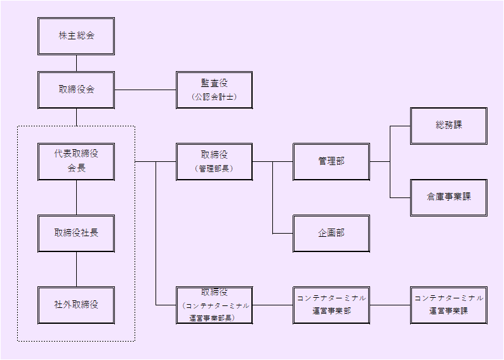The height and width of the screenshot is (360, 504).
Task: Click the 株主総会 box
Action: (76, 36)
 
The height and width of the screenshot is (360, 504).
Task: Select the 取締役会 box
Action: (76, 90)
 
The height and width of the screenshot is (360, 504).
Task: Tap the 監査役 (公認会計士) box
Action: (214, 90)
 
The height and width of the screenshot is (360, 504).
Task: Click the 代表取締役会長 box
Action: (76, 161)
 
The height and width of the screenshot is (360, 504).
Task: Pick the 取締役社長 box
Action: (76, 233)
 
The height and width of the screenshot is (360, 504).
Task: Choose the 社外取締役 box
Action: (76, 305)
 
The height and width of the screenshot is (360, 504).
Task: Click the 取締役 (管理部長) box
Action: (214, 161)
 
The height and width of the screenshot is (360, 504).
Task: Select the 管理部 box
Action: (331, 161)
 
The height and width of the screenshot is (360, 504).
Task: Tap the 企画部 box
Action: (331, 233)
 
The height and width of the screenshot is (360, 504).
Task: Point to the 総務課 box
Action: (449, 126)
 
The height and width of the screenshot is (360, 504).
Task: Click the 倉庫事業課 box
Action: (449, 197)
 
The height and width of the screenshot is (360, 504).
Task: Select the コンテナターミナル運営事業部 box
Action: (331, 305)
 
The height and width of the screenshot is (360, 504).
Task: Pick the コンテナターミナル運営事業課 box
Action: (449, 305)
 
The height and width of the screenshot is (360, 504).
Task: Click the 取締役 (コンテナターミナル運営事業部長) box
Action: (214, 305)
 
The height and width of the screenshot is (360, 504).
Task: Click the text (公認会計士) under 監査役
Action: (214, 98)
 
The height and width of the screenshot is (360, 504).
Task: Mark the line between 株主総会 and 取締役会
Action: (76, 63)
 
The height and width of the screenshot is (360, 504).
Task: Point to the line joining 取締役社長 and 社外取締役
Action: (76, 269)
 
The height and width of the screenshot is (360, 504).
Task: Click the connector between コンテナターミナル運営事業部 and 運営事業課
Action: (390, 305)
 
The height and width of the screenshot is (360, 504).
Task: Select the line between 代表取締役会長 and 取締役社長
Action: (76, 197)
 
